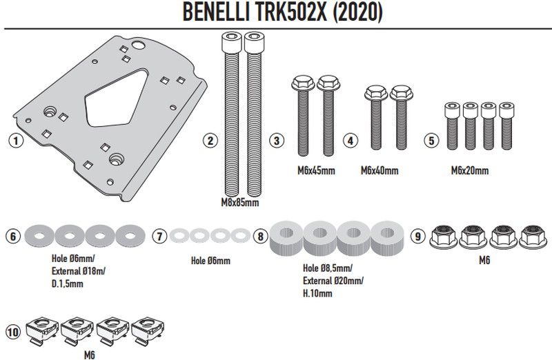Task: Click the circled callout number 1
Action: tap(15, 141)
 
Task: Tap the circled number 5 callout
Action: tap(431, 141)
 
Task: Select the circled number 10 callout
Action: tap(13, 332)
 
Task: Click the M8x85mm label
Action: tap(239, 203)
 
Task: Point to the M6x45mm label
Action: tap(316, 171)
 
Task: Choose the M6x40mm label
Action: tap(379, 171)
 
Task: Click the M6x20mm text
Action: tap(470, 171)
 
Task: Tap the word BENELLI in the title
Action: tap(216, 12)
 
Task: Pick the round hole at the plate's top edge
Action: tap(138, 46)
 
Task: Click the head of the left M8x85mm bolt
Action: tap(231, 42)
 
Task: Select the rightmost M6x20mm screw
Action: tap(506, 126)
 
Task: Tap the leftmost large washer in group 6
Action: tap(39, 236)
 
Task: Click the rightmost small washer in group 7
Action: tap(241, 235)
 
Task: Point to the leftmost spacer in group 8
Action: tap(286, 237)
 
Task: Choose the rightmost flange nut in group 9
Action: tap(533, 237)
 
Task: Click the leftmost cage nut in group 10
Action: tap(42, 330)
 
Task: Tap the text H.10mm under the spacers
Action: tap(317, 294)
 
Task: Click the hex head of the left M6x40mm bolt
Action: tap(376, 93)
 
